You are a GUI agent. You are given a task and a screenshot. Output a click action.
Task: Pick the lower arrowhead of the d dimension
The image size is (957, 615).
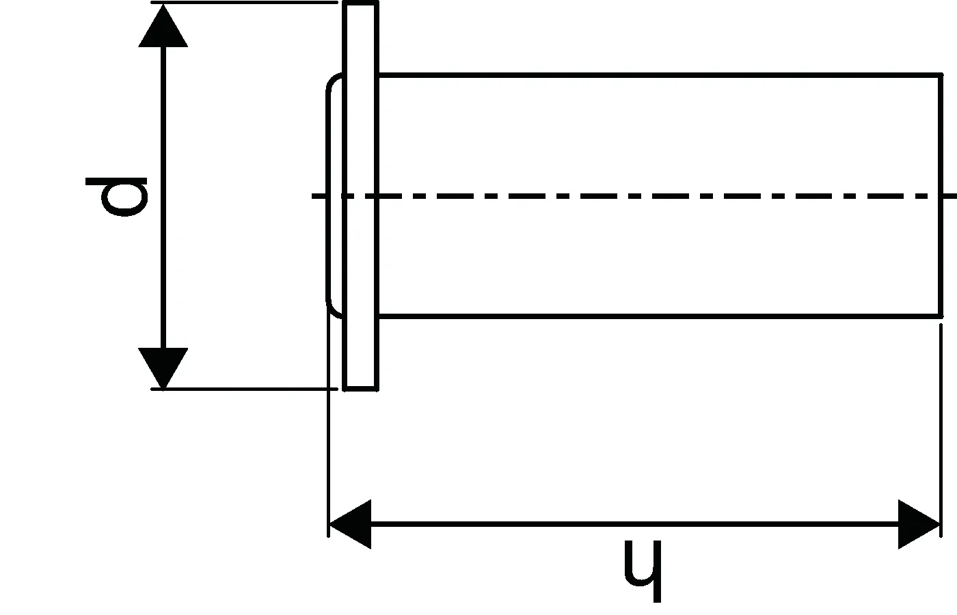tap(163, 366)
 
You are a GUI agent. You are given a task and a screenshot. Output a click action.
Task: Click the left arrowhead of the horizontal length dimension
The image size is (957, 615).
tap(350, 524)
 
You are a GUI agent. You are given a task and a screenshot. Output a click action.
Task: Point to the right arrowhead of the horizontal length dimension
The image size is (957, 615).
tap(919, 524)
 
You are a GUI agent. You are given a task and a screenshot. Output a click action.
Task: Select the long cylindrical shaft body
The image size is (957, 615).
tap(656, 137)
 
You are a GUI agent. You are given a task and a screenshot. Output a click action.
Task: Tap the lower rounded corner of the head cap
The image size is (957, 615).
tap(332, 309)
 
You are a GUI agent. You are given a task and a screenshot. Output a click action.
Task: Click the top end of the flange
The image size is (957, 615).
tap(360, 5)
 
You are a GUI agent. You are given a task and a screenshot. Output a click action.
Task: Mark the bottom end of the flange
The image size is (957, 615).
tap(360, 388)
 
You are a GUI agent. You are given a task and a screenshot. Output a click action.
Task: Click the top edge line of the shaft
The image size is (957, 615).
tap(656, 74)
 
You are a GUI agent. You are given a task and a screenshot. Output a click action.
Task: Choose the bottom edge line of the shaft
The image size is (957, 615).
tap(656, 316)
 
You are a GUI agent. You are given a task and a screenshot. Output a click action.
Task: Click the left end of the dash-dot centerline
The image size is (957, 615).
tap(316, 197)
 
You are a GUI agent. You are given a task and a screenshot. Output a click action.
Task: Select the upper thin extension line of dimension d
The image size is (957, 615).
tap(246, 3)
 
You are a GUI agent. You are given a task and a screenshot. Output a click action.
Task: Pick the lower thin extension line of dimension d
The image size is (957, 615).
tap(246, 389)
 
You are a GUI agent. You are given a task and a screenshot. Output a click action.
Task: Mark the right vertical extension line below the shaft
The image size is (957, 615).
tap(941, 424)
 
